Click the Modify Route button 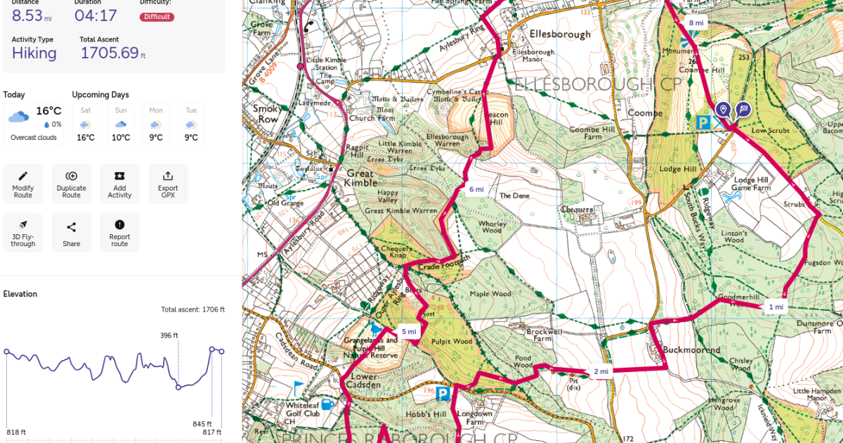(x=23, y=184)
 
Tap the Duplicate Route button (x=71, y=184)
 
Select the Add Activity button (x=119, y=184)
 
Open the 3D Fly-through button (x=23, y=232)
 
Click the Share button (x=71, y=232)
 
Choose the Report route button (x=119, y=232)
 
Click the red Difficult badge (x=157, y=16)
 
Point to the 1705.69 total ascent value (x=112, y=53)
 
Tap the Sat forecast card (x=86, y=124)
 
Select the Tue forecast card (x=191, y=124)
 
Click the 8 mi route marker (x=695, y=23)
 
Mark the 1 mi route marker (x=775, y=307)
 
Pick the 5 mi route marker (x=409, y=331)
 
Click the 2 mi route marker (x=601, y=371)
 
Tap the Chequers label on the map (x=577, y=210)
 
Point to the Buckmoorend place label (x=691, y=349)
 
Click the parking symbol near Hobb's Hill (x=443, y=393)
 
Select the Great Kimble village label (x=360, y=178)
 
